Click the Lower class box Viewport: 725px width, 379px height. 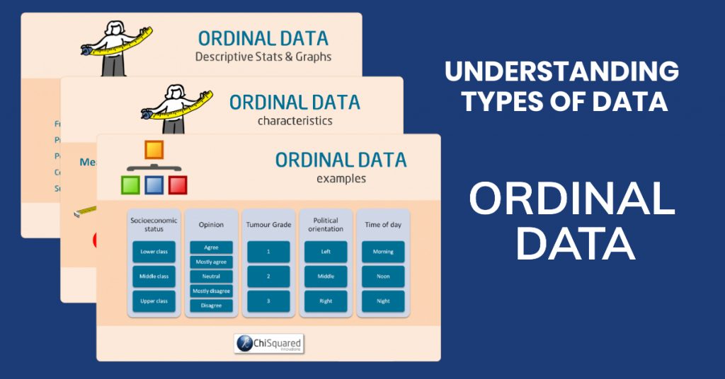pos(154,251)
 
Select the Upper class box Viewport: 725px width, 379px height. pos(154,301)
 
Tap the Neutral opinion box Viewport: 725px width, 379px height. pos(211,276)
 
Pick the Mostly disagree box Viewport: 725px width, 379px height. pos(211,291)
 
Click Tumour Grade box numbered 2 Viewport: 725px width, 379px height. pos(268,276)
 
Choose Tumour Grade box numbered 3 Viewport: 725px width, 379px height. pos(268,301)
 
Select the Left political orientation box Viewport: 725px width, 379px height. pos(326,251)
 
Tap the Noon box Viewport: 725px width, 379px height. pos(383,276)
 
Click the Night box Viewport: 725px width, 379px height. pos(383,301)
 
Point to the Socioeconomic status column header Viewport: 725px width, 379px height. pos(154,224)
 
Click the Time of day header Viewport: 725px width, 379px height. pos(383,224)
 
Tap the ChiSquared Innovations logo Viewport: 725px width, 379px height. pos(269,342)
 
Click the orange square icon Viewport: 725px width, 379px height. pos(154,150)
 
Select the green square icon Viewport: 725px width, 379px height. pos(130,185)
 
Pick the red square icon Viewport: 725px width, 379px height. pos(178,185)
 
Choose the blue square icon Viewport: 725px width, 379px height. pos(154,185)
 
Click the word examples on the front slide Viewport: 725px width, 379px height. pos(341,179)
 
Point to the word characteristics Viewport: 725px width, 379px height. pos(295,121)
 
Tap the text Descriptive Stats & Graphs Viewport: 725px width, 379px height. pos(263,57)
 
